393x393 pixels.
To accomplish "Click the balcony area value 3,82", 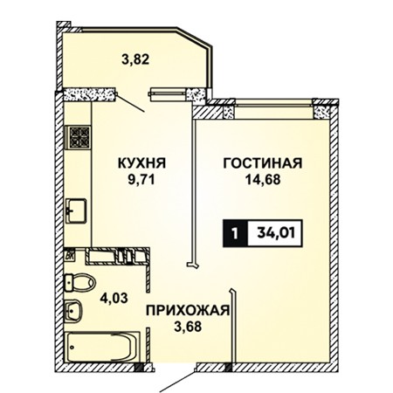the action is click(x=135, y=59).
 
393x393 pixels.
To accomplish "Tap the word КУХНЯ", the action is click(x=141, y=163).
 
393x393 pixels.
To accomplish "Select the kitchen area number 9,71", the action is click(x=141, y=180).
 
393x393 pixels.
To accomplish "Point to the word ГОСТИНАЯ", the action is click(x=263, y=163).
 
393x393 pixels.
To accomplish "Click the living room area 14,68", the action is click(x=263, y=180).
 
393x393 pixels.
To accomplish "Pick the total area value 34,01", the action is click(x=276, y=233).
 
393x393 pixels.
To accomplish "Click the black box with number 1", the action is click(x=235, y=233).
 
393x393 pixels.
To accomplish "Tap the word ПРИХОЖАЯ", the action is click(x=188, y=311).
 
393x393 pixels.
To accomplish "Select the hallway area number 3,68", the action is click(x=188, y=327).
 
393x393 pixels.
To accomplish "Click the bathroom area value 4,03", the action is click(x=114, y=298).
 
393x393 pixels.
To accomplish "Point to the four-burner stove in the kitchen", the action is click(x=78, y=137).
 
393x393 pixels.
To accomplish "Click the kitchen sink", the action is click(x=76, y=210).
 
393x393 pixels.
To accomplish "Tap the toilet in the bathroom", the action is click(x=80, y=282).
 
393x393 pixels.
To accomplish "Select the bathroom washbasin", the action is click(x=73, y=311).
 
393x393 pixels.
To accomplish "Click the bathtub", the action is click(x=102, y=347).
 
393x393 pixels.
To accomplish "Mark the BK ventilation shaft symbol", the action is click(x=71, y=256).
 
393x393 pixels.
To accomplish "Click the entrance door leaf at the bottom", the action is click(x=176, y=381).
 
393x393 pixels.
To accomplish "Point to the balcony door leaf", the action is click(x=130, y=102).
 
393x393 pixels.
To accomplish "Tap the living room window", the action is click(x=273, y=102).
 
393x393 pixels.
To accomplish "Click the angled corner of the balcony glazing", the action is click(x=195, y=38).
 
